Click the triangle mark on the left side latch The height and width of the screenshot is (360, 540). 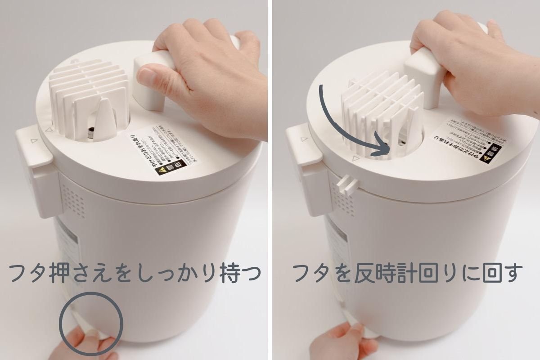32,140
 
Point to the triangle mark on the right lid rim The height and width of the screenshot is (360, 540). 355,158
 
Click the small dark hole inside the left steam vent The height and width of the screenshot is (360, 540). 91,131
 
